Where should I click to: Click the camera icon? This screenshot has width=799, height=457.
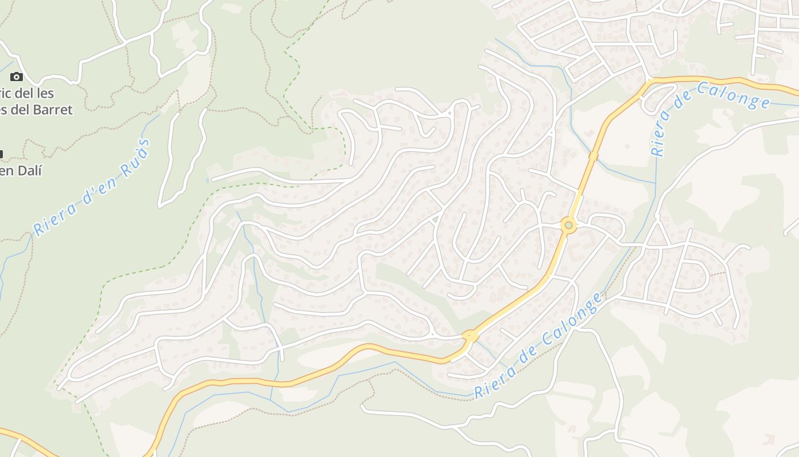pyautogui.click(x=17, y=77)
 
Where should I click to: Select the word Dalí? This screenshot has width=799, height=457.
pyautogui.click(x=29, y=170)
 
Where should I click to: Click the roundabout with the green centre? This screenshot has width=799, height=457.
pyautogui.click(x=568, y=225)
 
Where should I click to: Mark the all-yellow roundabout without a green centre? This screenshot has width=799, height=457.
pyautogui.click(x=470, y=336)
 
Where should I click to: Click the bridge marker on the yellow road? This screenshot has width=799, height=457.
pyautogui.click(x=593, y=155)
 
